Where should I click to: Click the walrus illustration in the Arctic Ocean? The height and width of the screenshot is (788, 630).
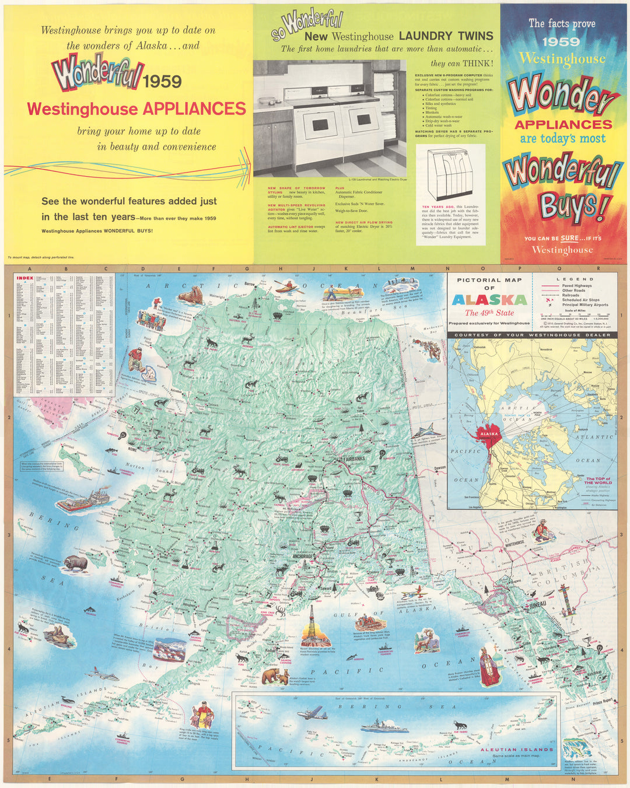click(x=190, y=297)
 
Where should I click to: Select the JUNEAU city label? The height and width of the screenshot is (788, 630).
click(x=538, y=605)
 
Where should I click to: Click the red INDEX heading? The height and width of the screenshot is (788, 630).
click(x=25, y=279)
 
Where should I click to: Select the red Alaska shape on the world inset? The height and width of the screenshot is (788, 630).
click(x=489, y=435)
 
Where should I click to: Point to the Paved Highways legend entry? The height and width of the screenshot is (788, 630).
click(x=576, y=286)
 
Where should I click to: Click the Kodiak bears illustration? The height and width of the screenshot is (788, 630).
click(x=275, y=677)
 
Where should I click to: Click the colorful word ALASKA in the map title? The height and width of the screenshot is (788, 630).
click(x=489, y=300)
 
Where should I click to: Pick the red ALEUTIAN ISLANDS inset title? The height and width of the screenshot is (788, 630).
click(x=516, y=750)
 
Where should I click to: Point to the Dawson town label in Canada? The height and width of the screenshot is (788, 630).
click(x=439, y=468)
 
